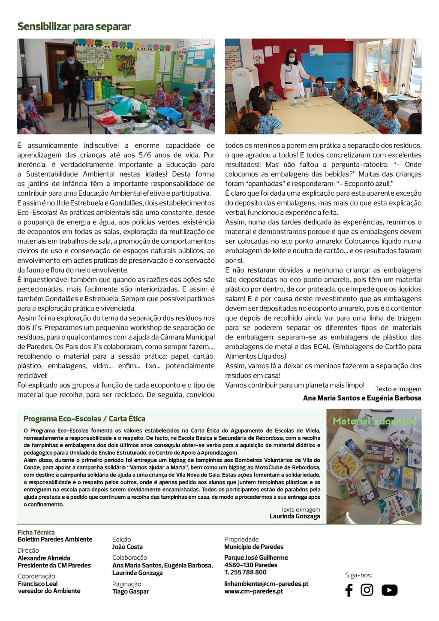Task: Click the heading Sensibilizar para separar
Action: [74, 27]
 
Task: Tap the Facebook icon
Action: [349, 590]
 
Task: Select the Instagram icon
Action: [367, 590]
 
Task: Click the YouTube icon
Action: [389, 590]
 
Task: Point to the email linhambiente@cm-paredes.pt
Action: [266, 584]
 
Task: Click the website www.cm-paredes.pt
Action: [253, 591]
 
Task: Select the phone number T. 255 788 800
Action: [245, 572]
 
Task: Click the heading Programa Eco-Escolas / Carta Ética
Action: [84, 419]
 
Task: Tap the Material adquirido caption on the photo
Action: [374, 421]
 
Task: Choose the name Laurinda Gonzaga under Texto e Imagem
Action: [295, 516]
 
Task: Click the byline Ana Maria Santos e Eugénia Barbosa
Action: [362, 398]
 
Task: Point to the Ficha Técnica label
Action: [36, 532]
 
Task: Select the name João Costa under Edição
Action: [127, 547]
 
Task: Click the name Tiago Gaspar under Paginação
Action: [130, 591]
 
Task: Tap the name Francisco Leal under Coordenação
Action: [38, 584]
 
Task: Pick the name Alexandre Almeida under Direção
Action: [44, 558]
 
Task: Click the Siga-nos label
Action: [358, 575]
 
